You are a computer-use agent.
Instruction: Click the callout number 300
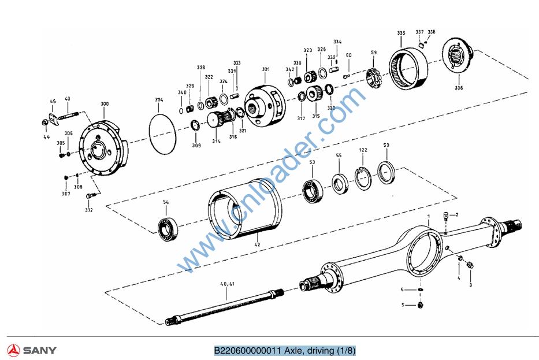(104, 104)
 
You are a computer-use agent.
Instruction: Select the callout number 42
(257, 245)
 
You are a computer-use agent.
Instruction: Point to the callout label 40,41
(227, 284)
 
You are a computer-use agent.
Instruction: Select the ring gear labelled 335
(410, 68)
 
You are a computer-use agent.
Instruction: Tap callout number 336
(458, 88)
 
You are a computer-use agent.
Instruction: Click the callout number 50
(386, 145)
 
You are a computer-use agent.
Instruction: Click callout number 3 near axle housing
(470, 285)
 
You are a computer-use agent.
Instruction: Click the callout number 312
(89, 210)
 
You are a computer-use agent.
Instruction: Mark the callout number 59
(374, 53)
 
